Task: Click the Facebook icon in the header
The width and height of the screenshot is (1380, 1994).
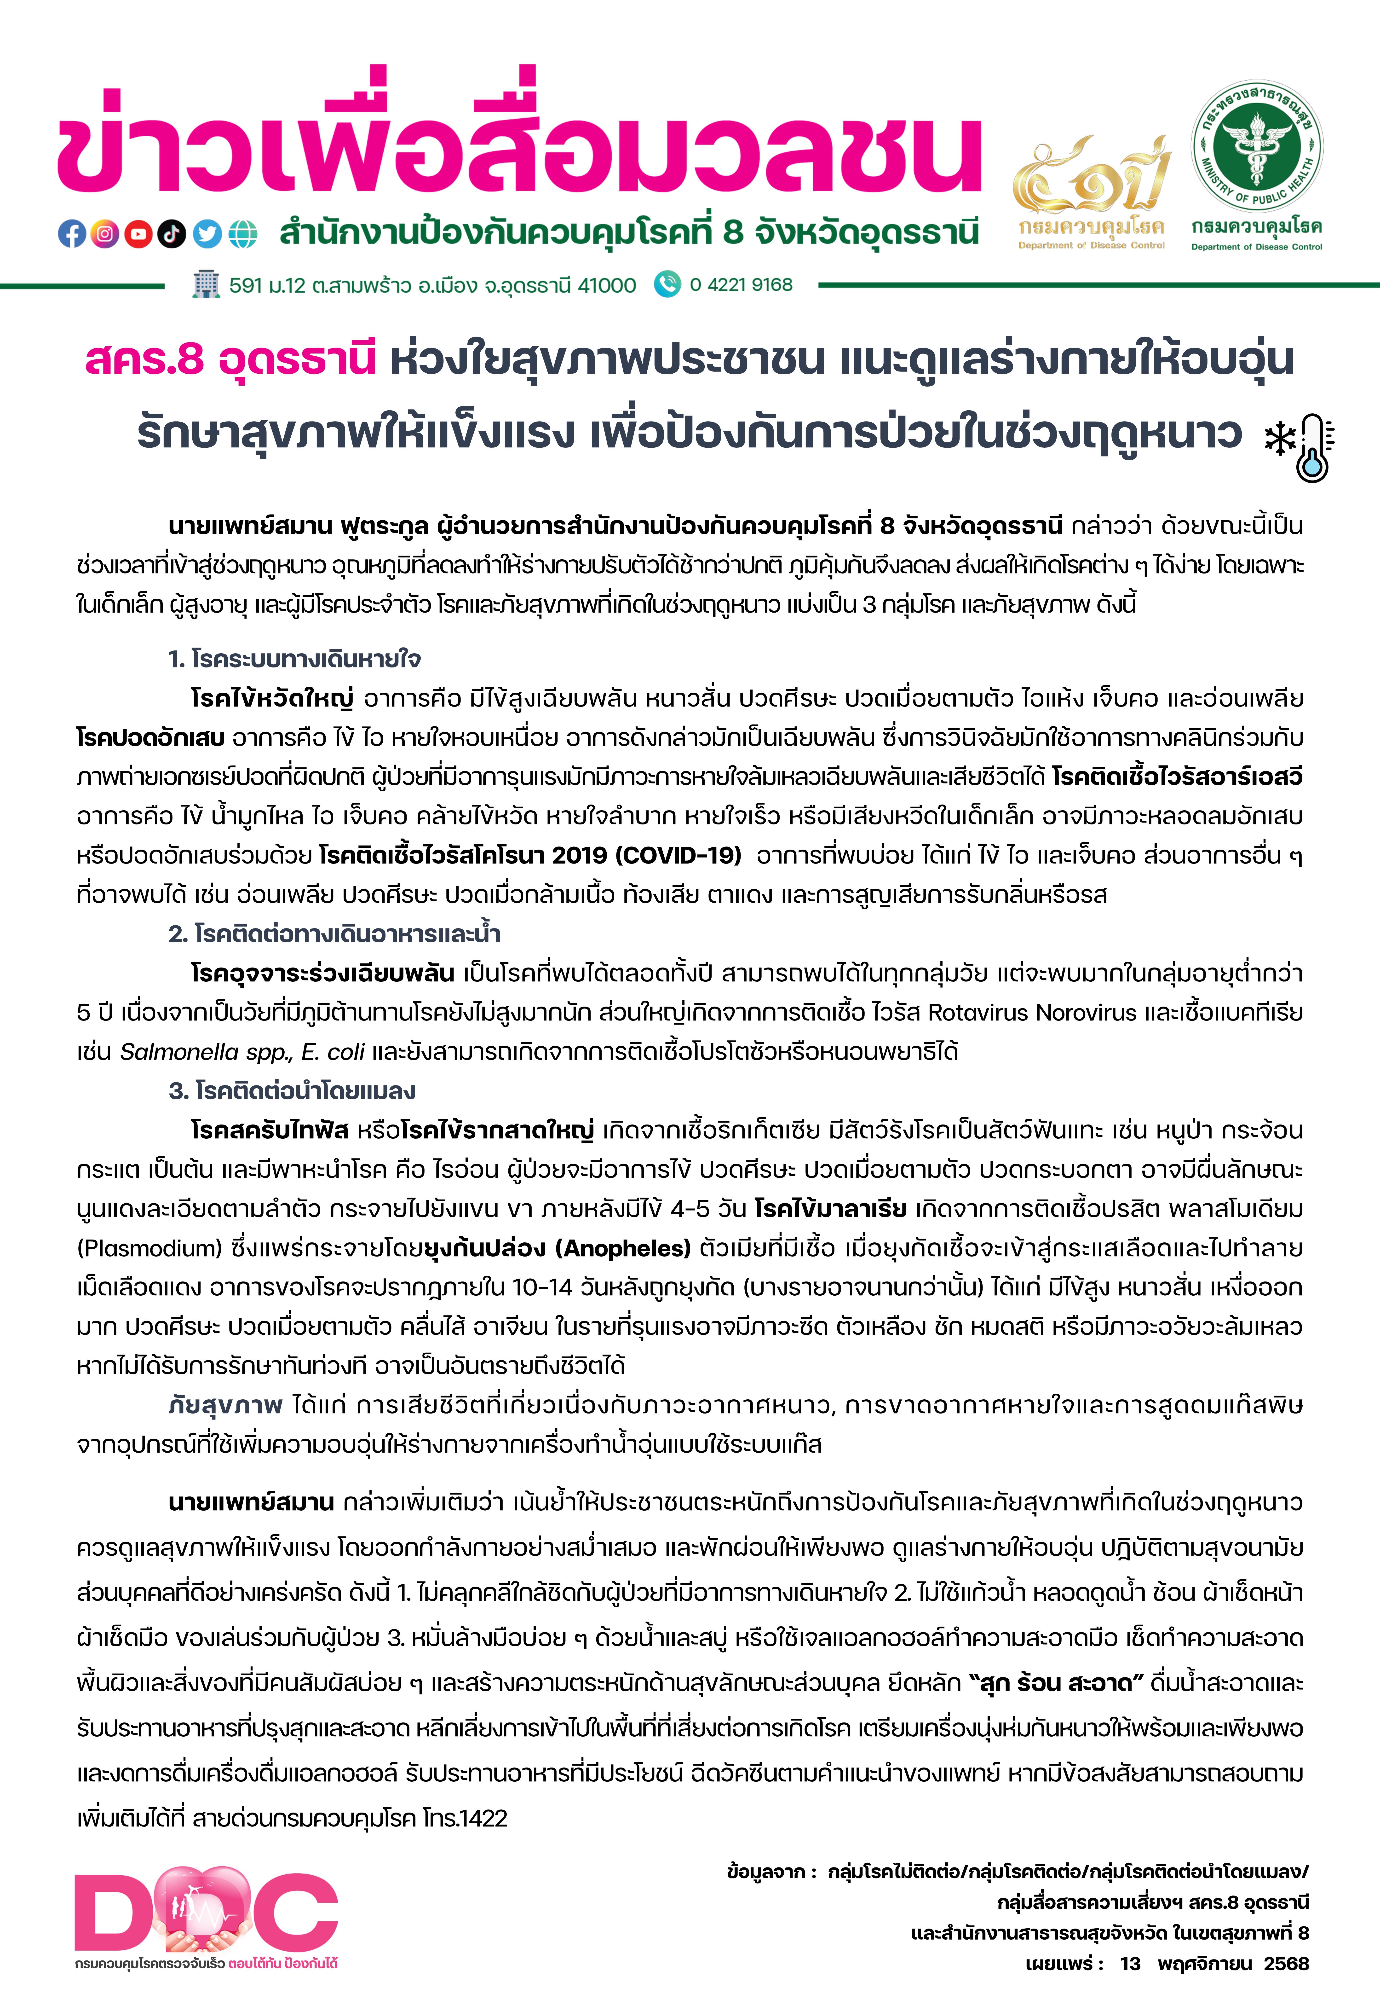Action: tap(72, 233)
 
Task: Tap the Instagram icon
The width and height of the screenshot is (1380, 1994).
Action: tap(105, 233)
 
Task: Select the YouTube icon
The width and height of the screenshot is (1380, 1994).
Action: tap(138, 233)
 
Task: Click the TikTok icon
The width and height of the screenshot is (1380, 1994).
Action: tap(172, 233)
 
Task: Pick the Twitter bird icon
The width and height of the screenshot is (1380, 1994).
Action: tap(207, 233)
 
